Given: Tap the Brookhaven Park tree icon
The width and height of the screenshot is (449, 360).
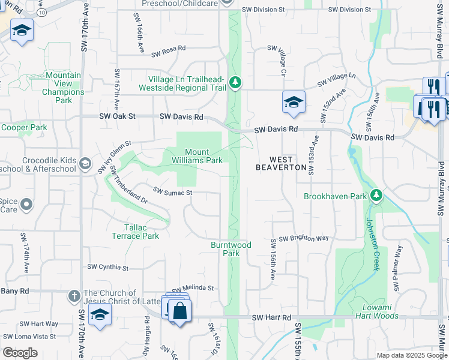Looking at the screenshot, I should (x=376, y=195).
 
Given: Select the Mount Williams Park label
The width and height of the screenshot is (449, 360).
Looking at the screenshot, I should (x=204, y=156).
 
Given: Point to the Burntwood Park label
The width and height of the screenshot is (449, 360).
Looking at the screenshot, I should (x=231, y=249).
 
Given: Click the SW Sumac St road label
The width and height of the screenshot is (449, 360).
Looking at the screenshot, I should (x=172, y=192).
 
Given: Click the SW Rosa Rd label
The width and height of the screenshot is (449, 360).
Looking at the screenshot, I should (x=169, y=53).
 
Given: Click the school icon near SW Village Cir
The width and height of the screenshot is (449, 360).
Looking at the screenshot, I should (x=294, y=102).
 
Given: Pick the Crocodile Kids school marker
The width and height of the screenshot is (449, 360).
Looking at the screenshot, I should (x=85, y=163).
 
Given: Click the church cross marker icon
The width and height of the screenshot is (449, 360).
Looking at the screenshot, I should (x=74, y=296).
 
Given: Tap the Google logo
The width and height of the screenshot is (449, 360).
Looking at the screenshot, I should (x=20, y=353).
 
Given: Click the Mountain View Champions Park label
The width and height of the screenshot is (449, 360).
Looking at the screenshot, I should (x=63, y=88).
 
